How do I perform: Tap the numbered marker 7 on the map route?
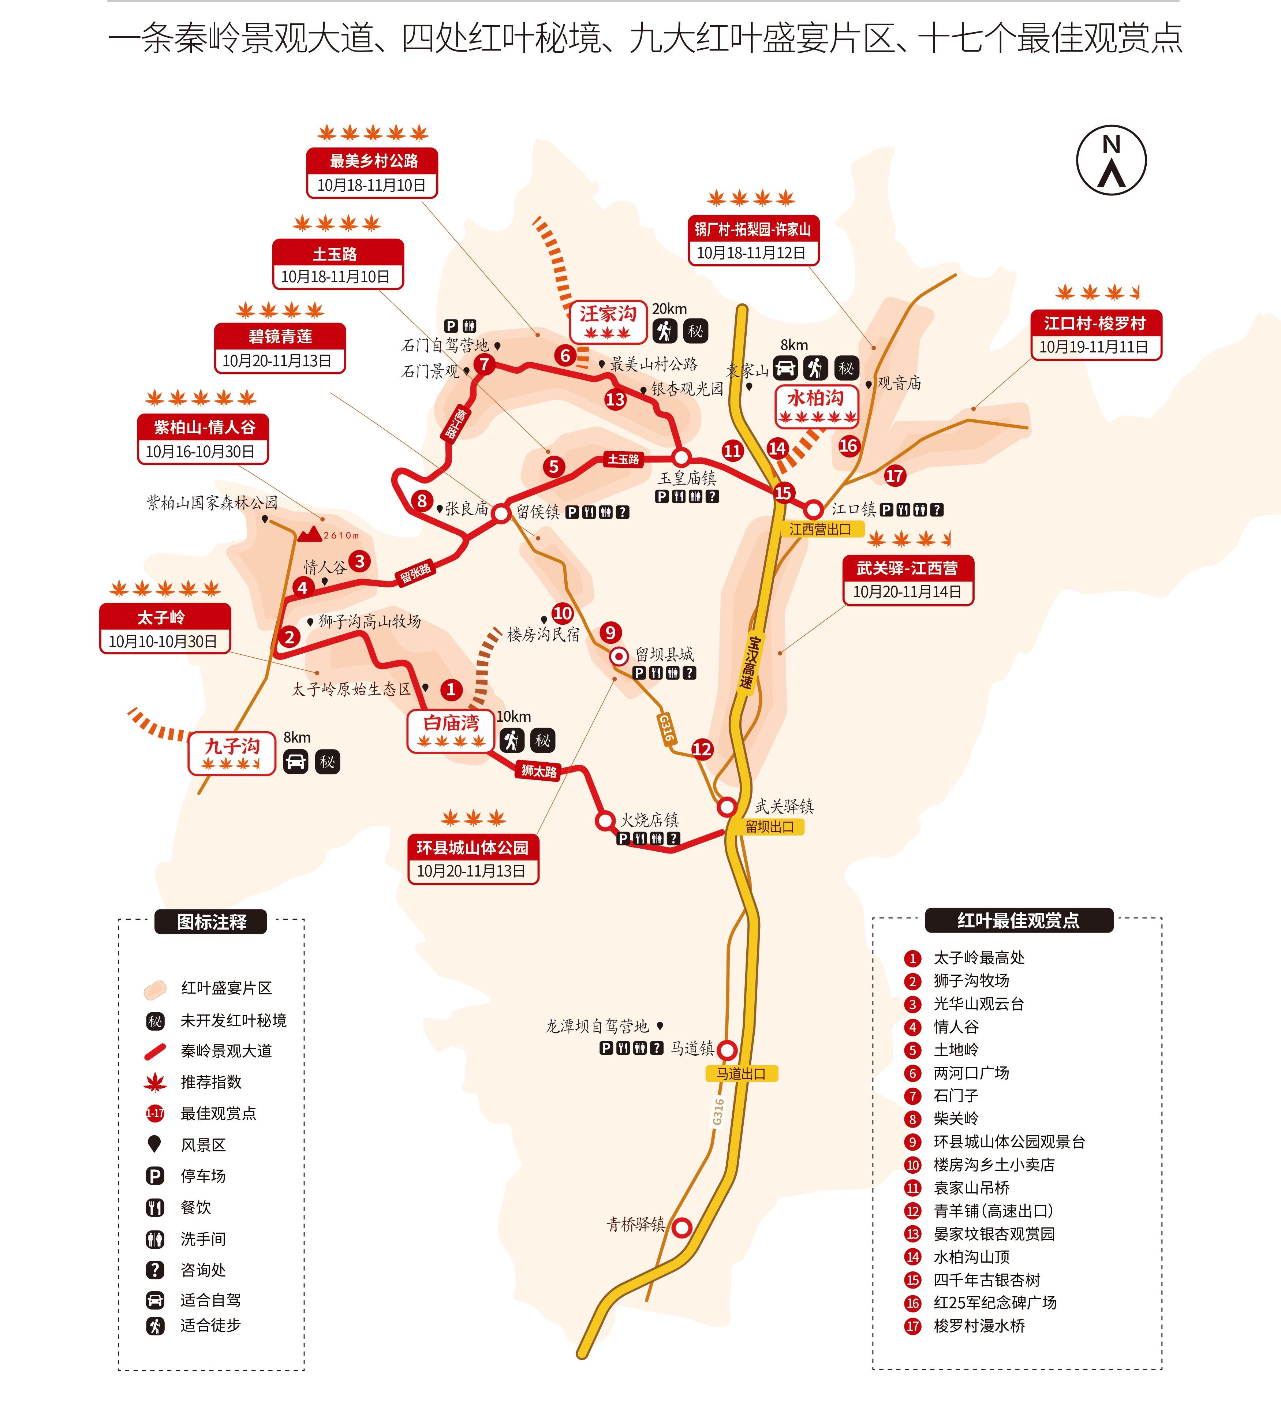point(483,364)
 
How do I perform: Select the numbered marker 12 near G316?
point(702,749)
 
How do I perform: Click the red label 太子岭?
point(164,617)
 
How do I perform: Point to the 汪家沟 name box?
point(607,321)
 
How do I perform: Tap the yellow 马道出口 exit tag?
point(741,1073)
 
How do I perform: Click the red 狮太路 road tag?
point(539,771)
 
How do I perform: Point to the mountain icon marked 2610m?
point(310,535)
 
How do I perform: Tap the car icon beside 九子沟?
point(296,761)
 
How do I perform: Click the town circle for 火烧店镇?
point(605,821)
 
